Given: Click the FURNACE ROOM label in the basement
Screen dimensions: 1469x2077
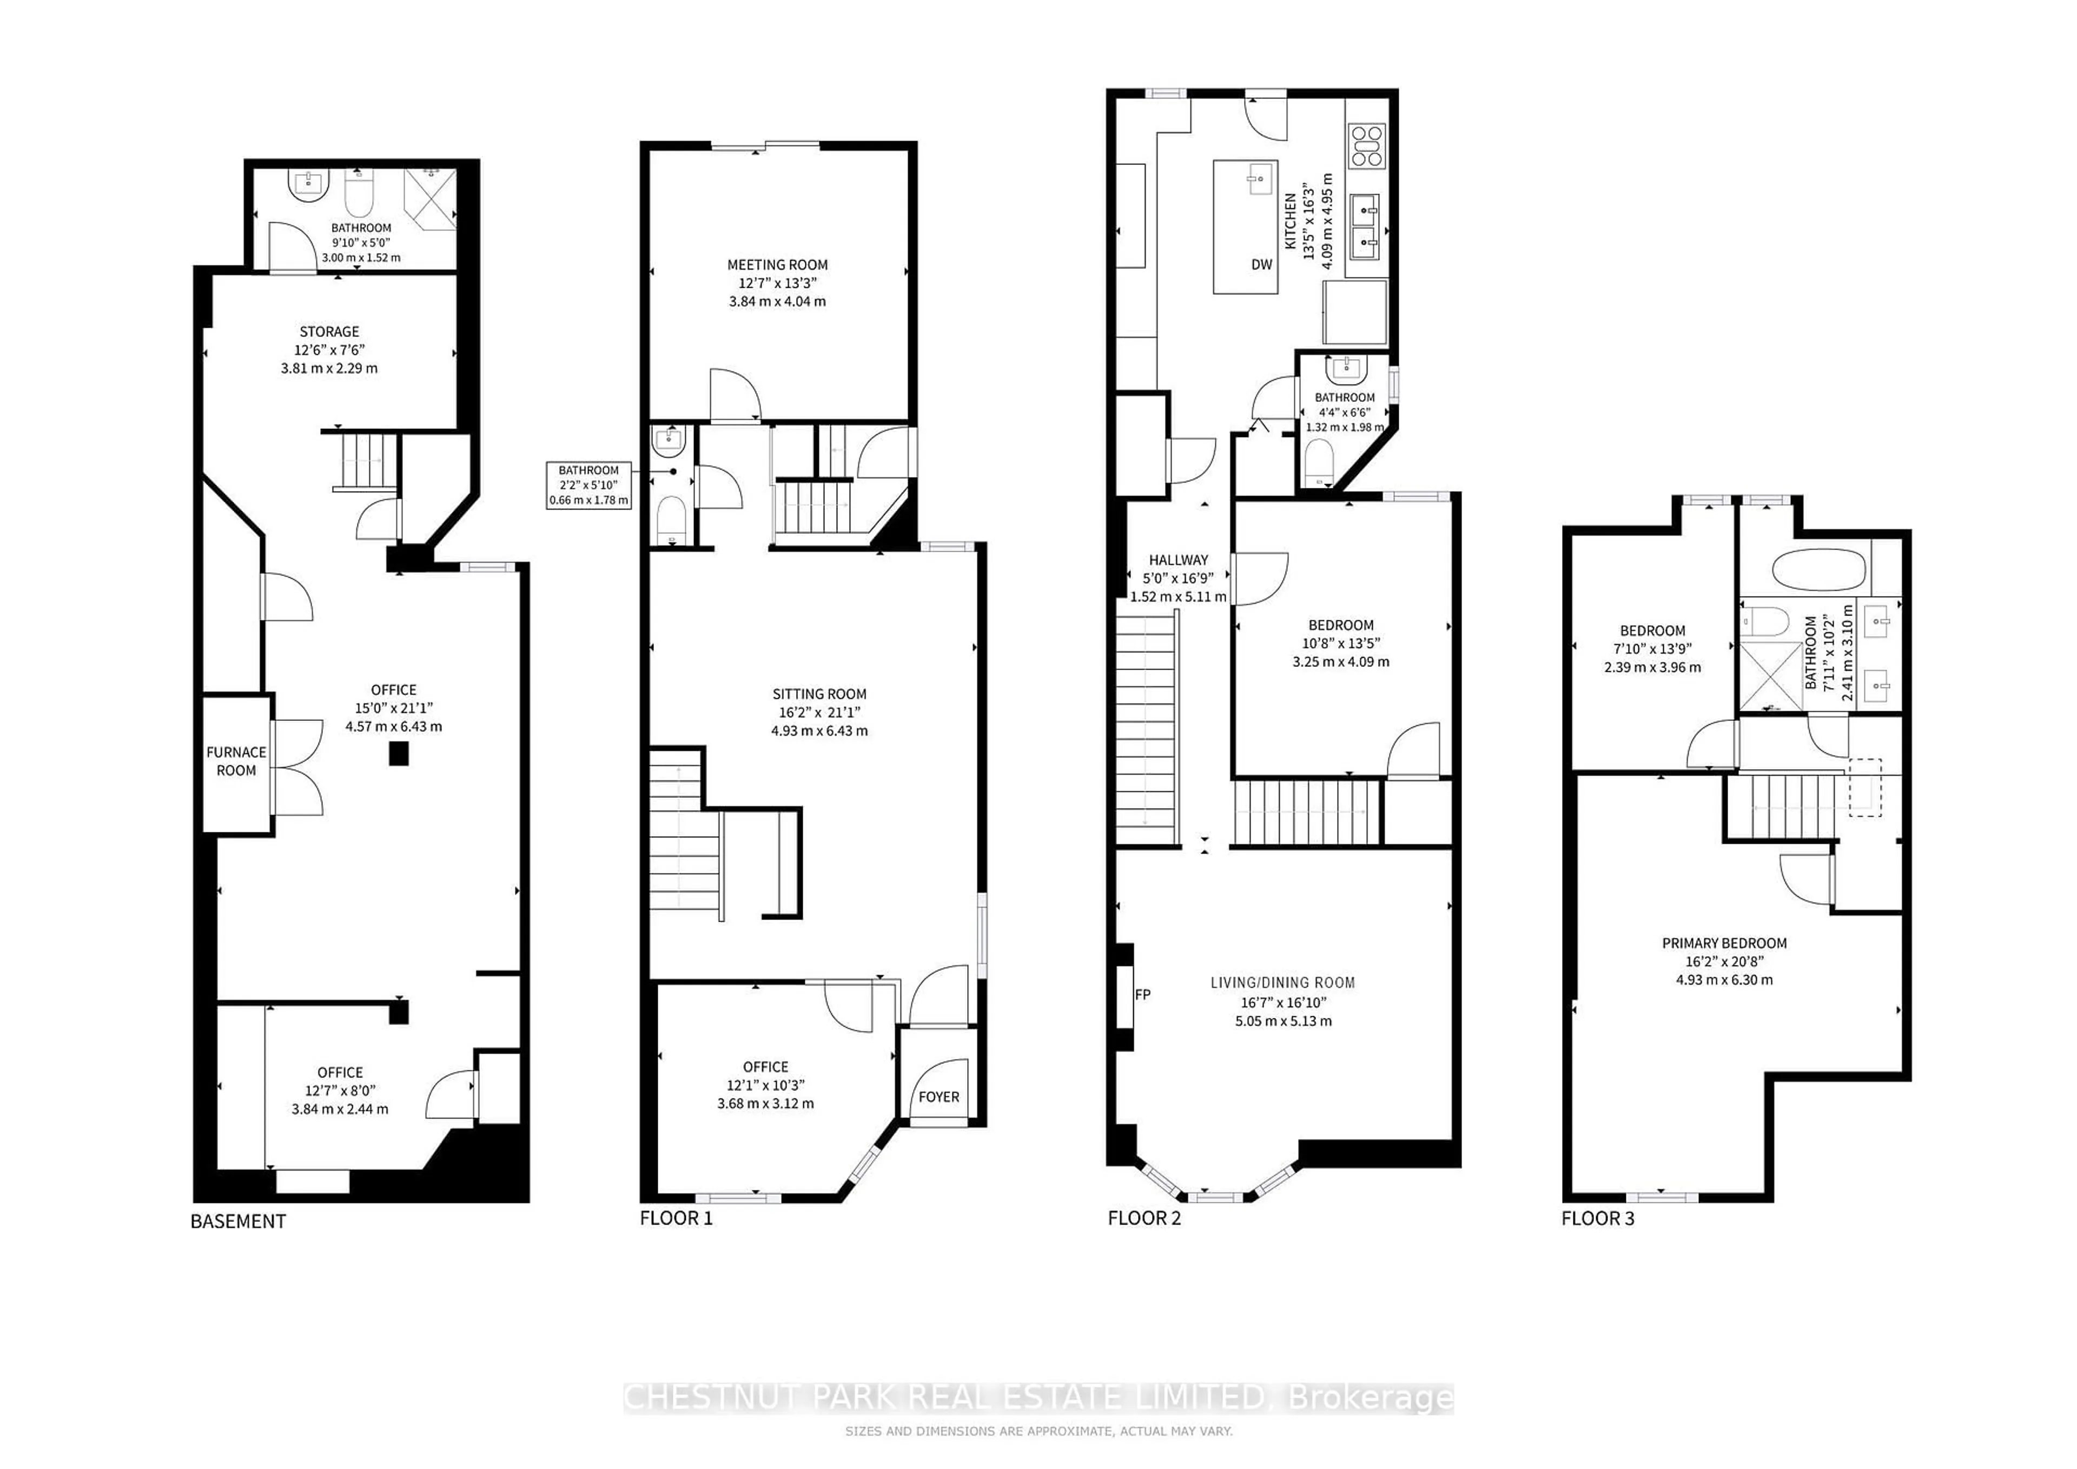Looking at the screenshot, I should pos(236,760).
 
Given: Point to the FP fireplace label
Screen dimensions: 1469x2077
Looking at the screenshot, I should pos(1142,994).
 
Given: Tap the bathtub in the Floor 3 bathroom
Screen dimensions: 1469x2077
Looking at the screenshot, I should pos(1818,571).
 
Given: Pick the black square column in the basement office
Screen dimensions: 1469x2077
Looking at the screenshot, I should pos(398,753).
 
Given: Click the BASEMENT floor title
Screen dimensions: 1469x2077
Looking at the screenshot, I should pos(238,1221).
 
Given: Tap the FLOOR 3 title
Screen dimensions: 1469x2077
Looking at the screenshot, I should pos(1598,1219).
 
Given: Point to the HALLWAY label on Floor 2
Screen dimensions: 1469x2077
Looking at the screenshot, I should pos(1178,560).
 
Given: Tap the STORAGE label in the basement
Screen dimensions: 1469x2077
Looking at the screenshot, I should pos(329,332).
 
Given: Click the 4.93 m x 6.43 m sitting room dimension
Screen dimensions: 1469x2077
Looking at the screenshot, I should pos(819,731).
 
